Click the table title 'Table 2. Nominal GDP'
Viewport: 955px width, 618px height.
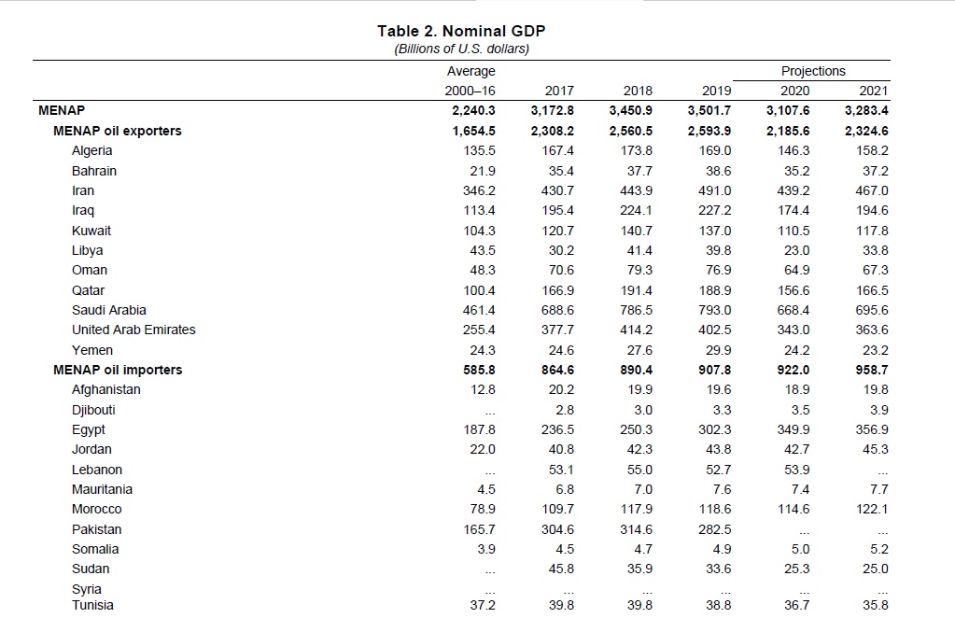tap(461, 31)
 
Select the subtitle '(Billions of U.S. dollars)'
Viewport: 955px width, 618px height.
tap(461, 49)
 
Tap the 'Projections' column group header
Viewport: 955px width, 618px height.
tap(813, 71)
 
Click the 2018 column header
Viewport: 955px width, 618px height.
tap(638, 91)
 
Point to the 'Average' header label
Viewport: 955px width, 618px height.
tap(471, 71)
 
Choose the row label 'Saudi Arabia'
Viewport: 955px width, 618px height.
tap(109, 310)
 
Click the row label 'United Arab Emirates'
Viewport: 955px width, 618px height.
tap(133, 330)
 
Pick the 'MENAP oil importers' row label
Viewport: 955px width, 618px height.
tap(118, 370)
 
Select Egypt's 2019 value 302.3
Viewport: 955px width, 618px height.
tap(716, 429)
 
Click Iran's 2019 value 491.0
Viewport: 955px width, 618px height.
tap(716, 190)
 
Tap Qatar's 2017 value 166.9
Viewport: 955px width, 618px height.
tap(558, 290)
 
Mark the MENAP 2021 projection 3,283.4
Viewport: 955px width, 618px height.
tap(867, 110)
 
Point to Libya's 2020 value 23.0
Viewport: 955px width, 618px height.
tap(797, 250)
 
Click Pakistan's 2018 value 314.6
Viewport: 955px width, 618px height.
tap(637, 529)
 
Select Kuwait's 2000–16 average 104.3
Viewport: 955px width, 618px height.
tap(479, 231)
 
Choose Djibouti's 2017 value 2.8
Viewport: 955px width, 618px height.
tap(565, 410)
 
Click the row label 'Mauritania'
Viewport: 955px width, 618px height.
tap(103, 489)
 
